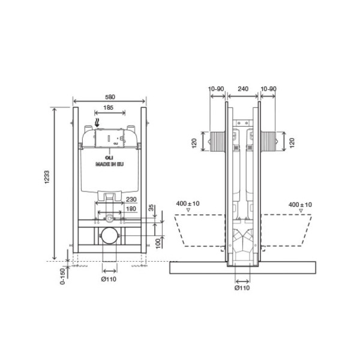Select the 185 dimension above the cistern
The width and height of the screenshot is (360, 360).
pyautogui.click(x=107, y=107)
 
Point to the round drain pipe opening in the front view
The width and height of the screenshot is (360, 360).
pyautogui.click(x=109, y=236)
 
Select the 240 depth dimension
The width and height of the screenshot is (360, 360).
pyautogui.click(x=243, y=88)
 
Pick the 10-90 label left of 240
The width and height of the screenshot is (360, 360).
pyautogui.click(x=215, y=88)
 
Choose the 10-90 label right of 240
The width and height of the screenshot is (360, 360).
pyautogui.click(x=268, y=88)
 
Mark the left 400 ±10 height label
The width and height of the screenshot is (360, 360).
pyautogui.click(x=188, y=204)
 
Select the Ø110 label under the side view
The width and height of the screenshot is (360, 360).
pyautogui.click(x=242, y=289)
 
